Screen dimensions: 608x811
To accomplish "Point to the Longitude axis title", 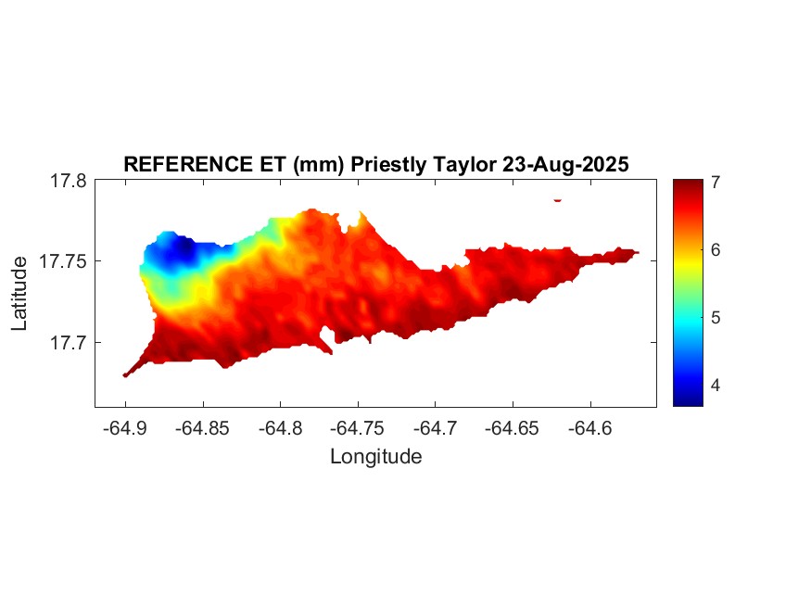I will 375,456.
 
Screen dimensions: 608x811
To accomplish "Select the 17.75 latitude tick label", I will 62,261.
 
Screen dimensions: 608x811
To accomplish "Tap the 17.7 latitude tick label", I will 67,342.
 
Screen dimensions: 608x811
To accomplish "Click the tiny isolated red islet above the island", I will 558,199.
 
